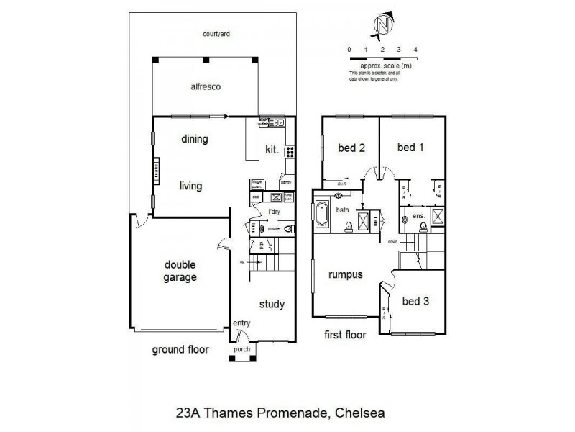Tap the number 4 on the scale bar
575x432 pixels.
(x=416, y=49)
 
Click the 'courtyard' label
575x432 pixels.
(x=216, y=34)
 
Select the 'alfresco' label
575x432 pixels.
(x=205, y=86)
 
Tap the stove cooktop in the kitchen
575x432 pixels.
(x=290, y=152)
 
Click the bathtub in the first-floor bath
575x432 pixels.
(x=321, y=216)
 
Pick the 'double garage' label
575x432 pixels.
(x=179, y=271)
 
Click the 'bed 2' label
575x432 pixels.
(x=351, y=148)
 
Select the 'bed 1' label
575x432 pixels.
(x=411, y=148)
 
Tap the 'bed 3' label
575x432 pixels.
(x=415, y=302)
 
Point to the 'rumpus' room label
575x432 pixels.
(x=345, y=274)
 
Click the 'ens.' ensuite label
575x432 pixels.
(x=418, y=216)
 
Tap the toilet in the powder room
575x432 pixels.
(x=288, y=229)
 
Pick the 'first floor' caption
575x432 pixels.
(x=345, y=335)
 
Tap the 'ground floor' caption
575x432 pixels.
(x=180, y=350)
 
